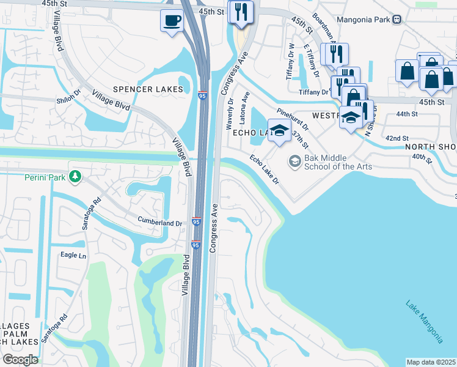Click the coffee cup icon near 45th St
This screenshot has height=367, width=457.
(172, 21)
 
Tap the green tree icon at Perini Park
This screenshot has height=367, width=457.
(75, 177)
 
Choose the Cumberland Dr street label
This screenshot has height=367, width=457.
(160, 224)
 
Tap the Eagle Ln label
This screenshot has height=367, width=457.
(73, 255)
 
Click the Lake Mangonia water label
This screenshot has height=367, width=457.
(424, 321)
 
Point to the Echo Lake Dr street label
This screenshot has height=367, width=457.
(264, 170)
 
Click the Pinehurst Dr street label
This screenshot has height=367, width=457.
(293, 120)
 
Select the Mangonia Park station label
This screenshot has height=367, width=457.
(364, 19)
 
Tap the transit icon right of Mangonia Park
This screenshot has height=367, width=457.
(397, 19)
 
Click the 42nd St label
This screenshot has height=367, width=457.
(397, 138)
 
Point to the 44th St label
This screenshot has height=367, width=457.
(406, 114)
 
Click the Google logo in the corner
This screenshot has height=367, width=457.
(20, 360)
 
